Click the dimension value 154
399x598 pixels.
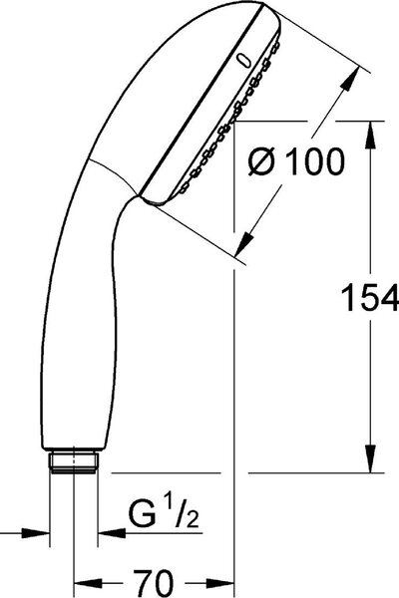tap(370, 297)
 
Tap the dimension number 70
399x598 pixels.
tap(154, 583)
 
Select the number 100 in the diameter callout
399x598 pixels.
tap(315, 161)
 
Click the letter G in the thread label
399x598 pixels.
tap(142, 514)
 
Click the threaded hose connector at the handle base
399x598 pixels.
tap(73, 461)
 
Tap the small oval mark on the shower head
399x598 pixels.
tap(243, 62)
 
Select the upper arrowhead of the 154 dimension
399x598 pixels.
tap(371, 135)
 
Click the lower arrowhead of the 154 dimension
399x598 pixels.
tap(371, 459)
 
